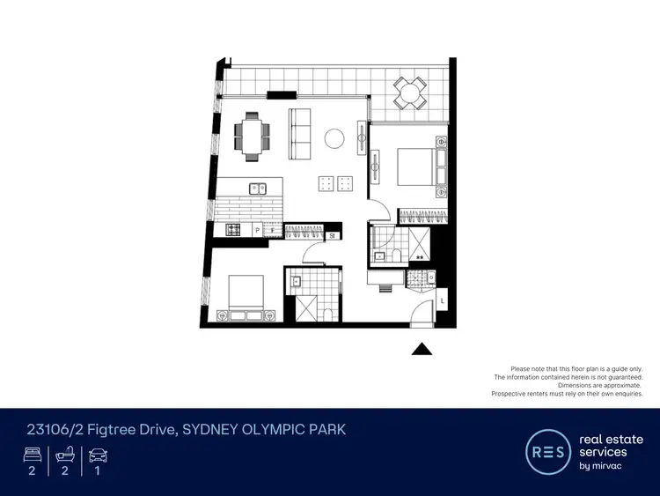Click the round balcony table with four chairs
[x=409, y=90]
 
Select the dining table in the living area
[x=253, y=137]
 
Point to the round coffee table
[x=335, y=138]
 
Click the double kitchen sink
[x=259, y=188]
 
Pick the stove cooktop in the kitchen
[x=234, y=230]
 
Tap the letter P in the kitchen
[x=257, y=231]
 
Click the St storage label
[x=334, y=235]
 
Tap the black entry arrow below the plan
[x=422, y=349]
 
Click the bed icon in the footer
[x=31, y=455]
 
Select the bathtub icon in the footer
[x=64, y=455]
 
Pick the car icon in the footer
[x=98, y=455]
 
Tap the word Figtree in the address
[x=109, y=430]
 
